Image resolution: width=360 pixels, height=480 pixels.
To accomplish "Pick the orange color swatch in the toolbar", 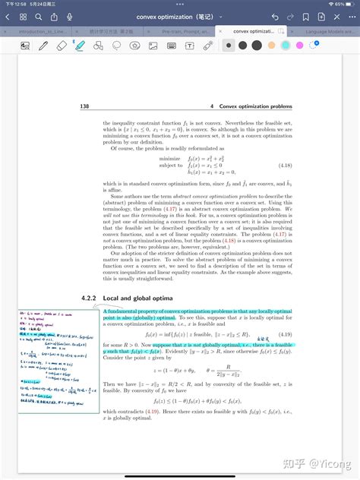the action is tap(270, 46).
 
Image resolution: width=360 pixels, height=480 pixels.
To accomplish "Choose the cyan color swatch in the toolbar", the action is tap(286, 46).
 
